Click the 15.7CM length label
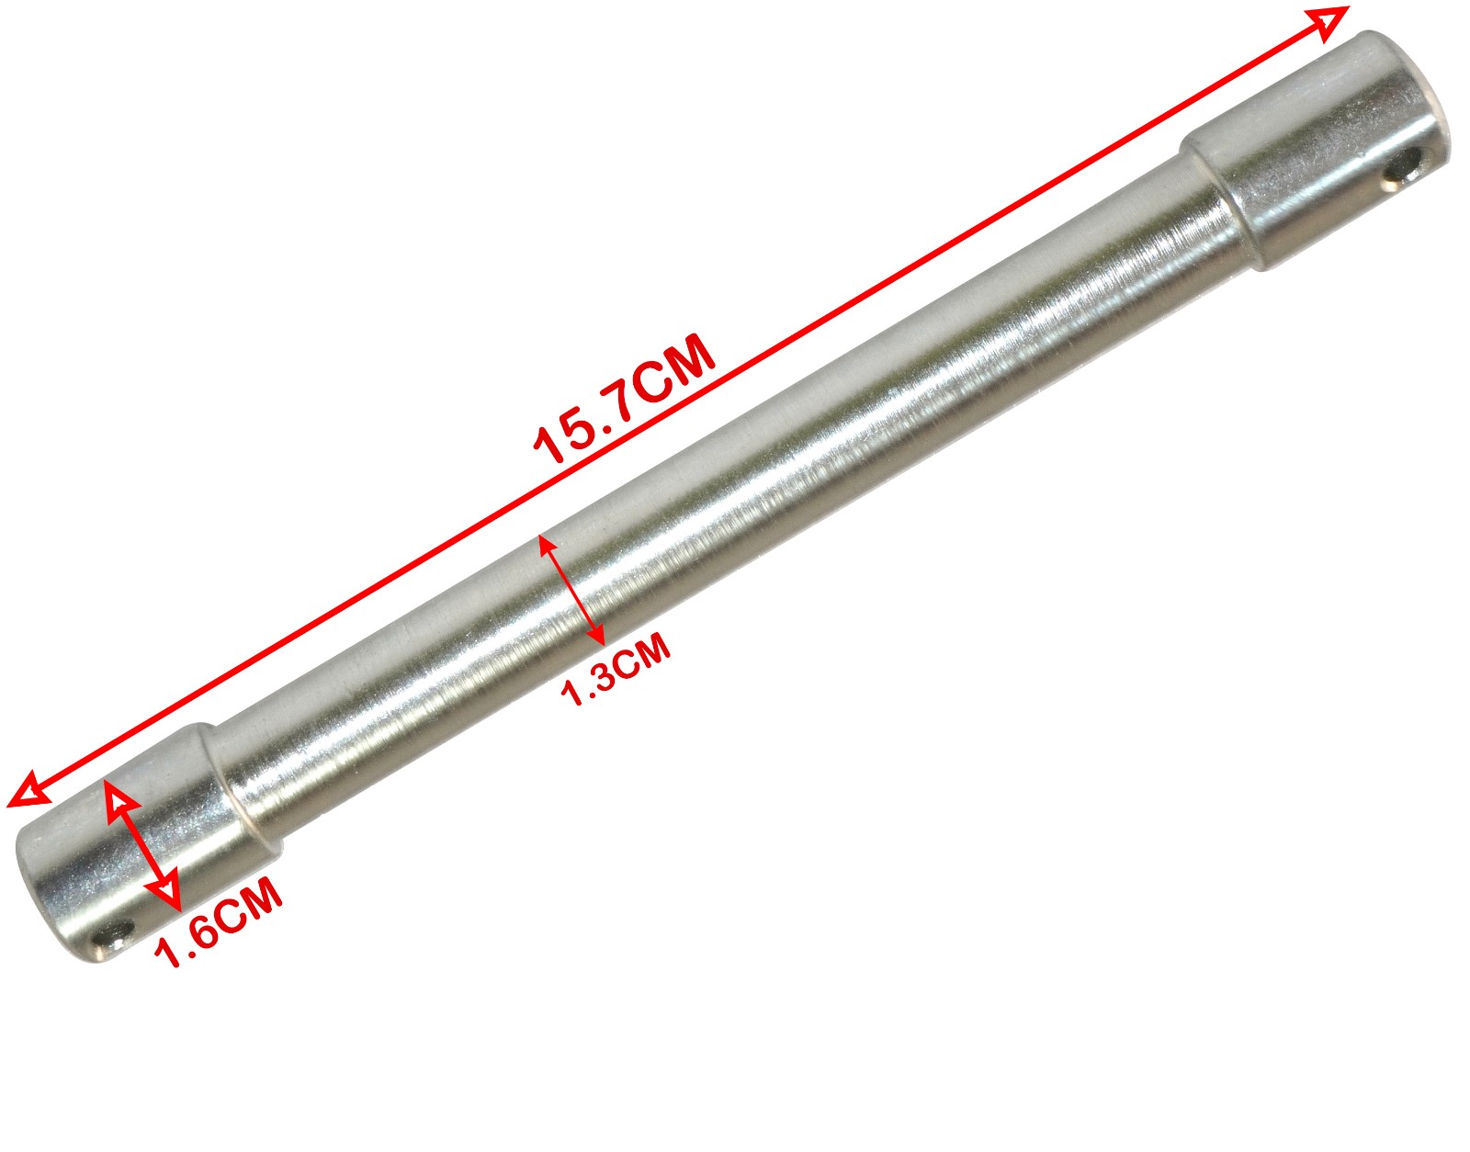point(625,400)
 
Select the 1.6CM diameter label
point(219,922)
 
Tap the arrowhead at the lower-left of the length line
point(26,790)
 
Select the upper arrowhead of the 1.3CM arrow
point(547,545)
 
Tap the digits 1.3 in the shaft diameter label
point(588,682)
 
